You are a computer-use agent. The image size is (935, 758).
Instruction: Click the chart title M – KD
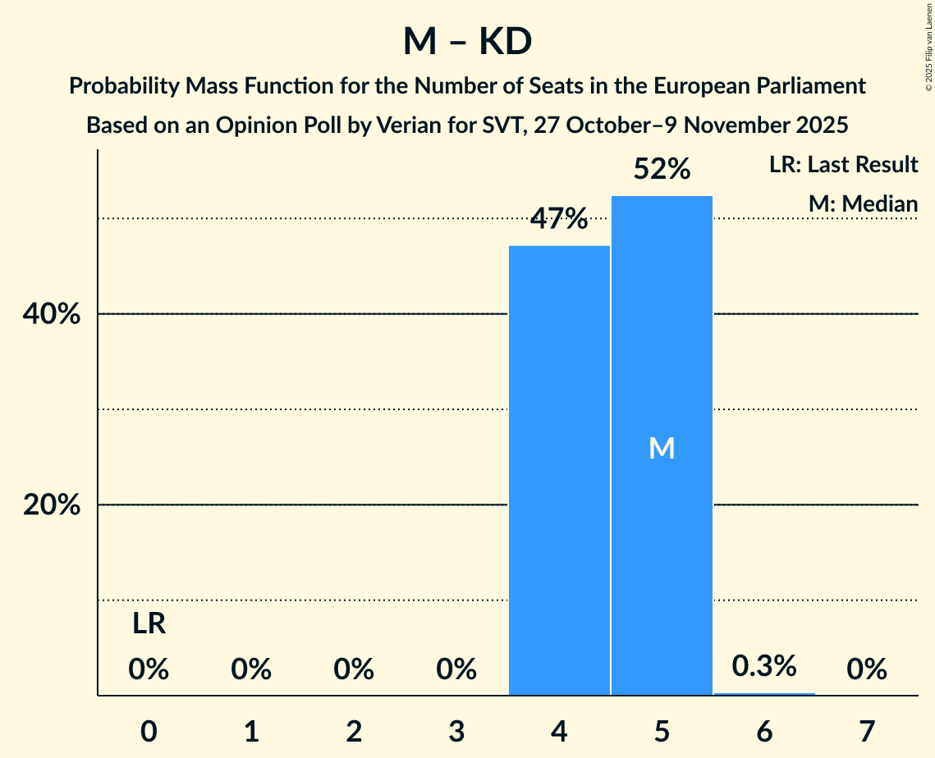(467, 42)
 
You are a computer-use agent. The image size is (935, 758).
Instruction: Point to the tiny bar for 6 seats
(764, 694)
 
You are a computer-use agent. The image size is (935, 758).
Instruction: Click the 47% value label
(559, 219)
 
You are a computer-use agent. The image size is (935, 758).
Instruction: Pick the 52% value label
(662, 170)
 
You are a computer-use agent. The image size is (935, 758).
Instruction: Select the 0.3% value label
(764, 665)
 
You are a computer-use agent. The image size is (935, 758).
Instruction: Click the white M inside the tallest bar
(662, 448)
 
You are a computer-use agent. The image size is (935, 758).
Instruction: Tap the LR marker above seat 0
(149, 624)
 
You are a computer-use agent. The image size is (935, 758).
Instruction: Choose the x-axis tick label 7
(867, 730)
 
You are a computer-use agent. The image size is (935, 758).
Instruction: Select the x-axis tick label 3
(456, 730)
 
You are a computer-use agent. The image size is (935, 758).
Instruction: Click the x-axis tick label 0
(149, 730)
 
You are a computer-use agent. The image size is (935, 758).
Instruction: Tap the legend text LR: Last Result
(843, 165)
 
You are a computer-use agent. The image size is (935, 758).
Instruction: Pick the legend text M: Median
(863, 203)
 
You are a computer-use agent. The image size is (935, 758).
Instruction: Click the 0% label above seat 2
(354, 670)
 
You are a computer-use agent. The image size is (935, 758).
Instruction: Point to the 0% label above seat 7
(867, 670)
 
